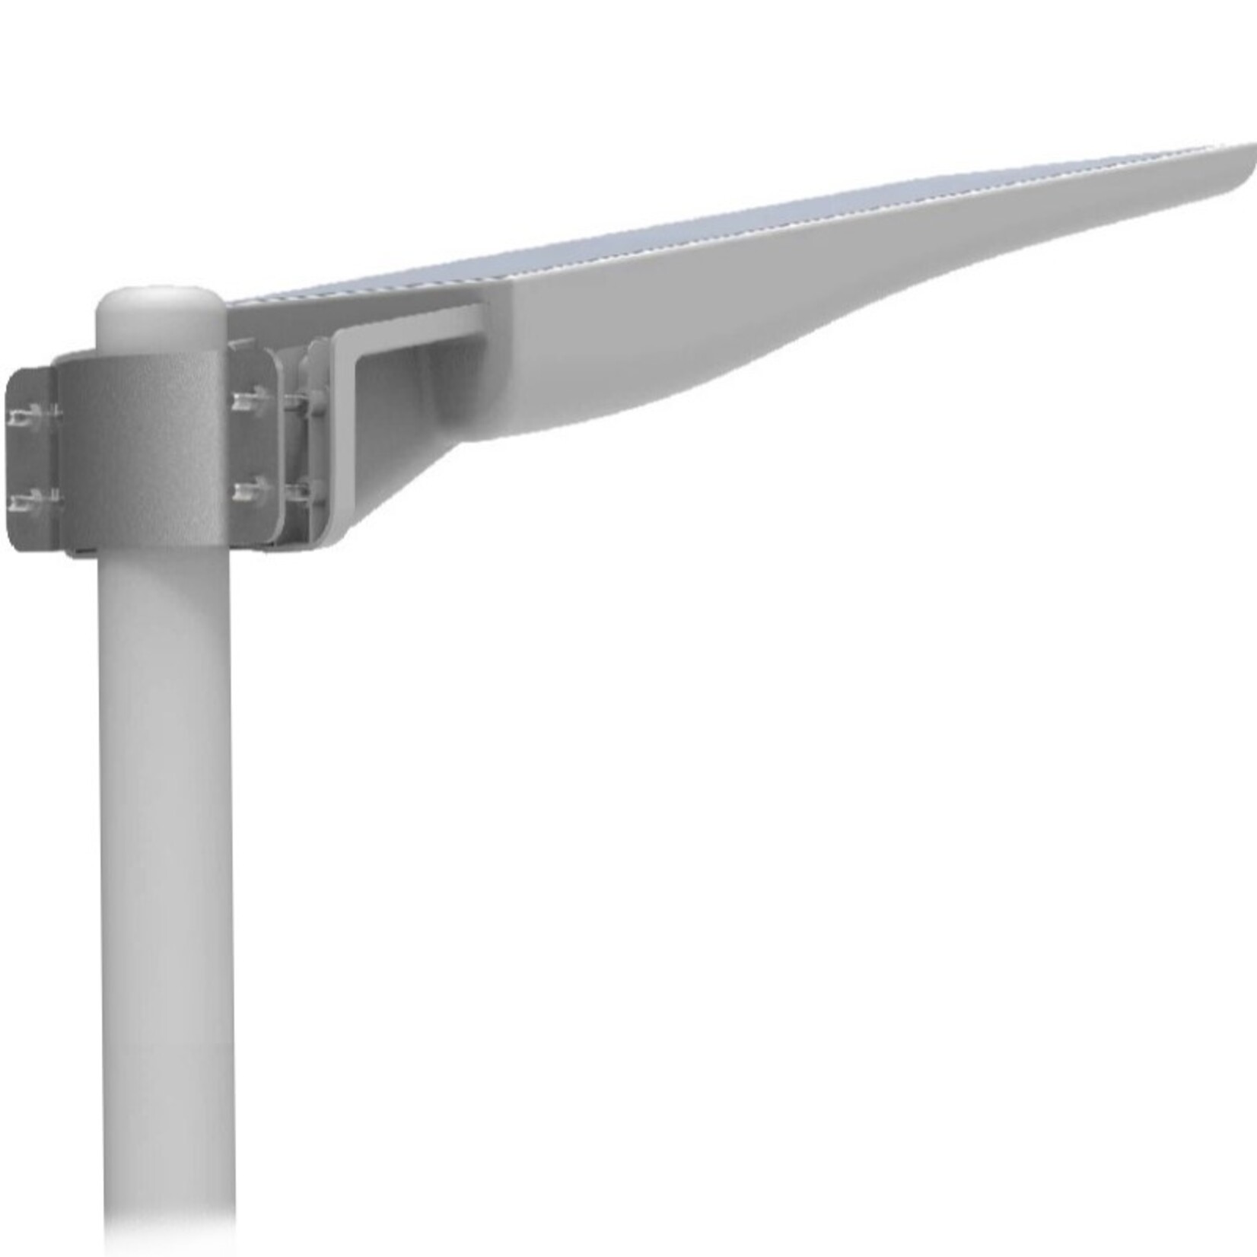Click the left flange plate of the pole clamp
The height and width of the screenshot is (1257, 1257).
pyautogui.click(x=30, y=457)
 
